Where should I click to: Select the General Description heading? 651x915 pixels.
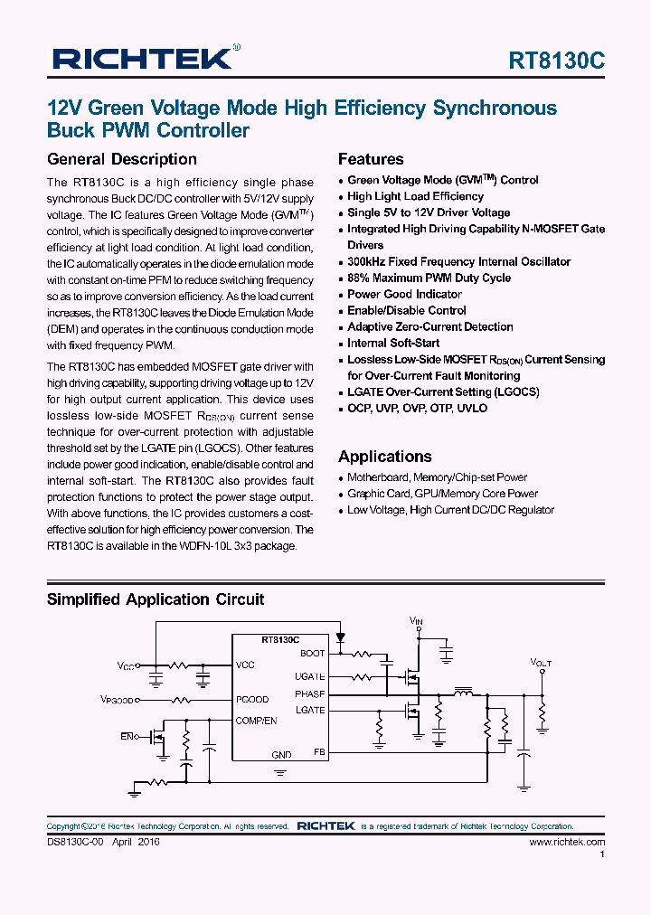(121, 159)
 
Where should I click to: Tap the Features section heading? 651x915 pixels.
(371, 159)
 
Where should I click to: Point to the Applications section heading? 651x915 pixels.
(385, 457)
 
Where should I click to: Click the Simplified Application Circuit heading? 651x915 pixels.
(156, 599)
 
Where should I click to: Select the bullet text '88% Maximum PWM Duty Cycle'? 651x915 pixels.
(429, 278)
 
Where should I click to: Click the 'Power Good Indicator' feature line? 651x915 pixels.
(404, 294)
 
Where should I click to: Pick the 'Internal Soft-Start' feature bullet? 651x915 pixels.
(393, 343)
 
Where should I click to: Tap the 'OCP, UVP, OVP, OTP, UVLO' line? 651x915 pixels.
(417, 408)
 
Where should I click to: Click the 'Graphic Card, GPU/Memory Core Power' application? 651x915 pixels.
(442, 494)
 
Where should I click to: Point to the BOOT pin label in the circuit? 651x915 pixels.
(312, 653)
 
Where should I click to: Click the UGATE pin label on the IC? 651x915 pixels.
(309, 676)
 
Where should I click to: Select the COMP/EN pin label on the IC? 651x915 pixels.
(256, 721)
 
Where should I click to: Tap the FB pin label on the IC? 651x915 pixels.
(318, 751)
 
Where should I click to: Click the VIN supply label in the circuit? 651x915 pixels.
(416, 622)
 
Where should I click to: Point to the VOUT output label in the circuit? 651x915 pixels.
(541, 663)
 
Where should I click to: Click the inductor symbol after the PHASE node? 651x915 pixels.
(463, 693)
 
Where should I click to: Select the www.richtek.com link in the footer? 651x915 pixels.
(567, 842)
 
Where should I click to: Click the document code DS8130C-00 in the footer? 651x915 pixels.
(77, 842)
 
